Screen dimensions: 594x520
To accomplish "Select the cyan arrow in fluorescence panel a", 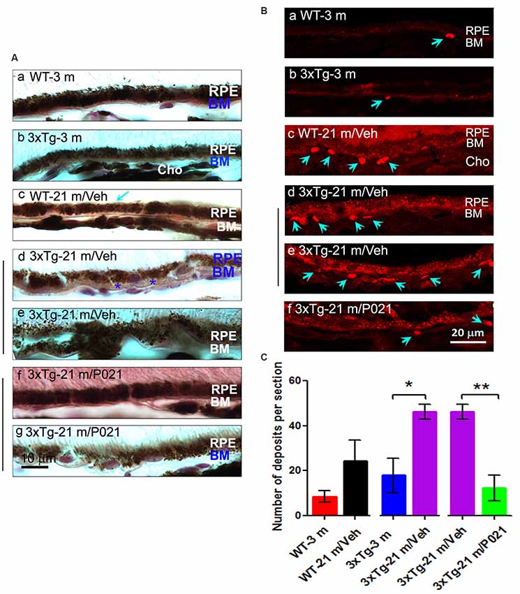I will [x=436, y=43].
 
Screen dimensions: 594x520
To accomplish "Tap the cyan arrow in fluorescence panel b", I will [x=377, y=103].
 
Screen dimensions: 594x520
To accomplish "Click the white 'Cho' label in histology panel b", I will [x=168, y=171].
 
